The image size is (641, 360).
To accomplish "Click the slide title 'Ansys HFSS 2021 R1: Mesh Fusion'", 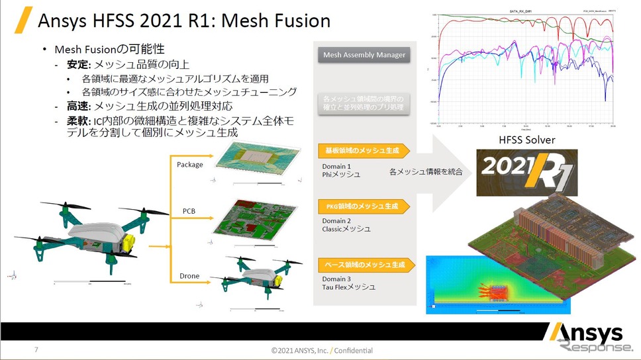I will click(x=184, y=21).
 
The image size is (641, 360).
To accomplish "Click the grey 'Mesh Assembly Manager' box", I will click(x=364, y=55).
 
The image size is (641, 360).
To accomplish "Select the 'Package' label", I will click(x=190, y=164).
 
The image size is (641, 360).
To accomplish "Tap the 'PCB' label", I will click(x=189, y=211).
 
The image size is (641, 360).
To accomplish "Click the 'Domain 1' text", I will click(x=336, y=166).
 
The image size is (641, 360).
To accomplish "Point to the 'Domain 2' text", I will click(x=336, y=220).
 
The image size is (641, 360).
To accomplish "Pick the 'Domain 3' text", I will click(x=336, y=279).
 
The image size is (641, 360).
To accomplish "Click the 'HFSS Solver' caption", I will click(x=526, y=140).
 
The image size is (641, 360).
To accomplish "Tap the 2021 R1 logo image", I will click(x=526, y=172).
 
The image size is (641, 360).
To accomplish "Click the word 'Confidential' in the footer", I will click(x=355, y=350).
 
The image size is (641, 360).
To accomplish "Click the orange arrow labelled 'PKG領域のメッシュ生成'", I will click(x=366, y=206).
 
